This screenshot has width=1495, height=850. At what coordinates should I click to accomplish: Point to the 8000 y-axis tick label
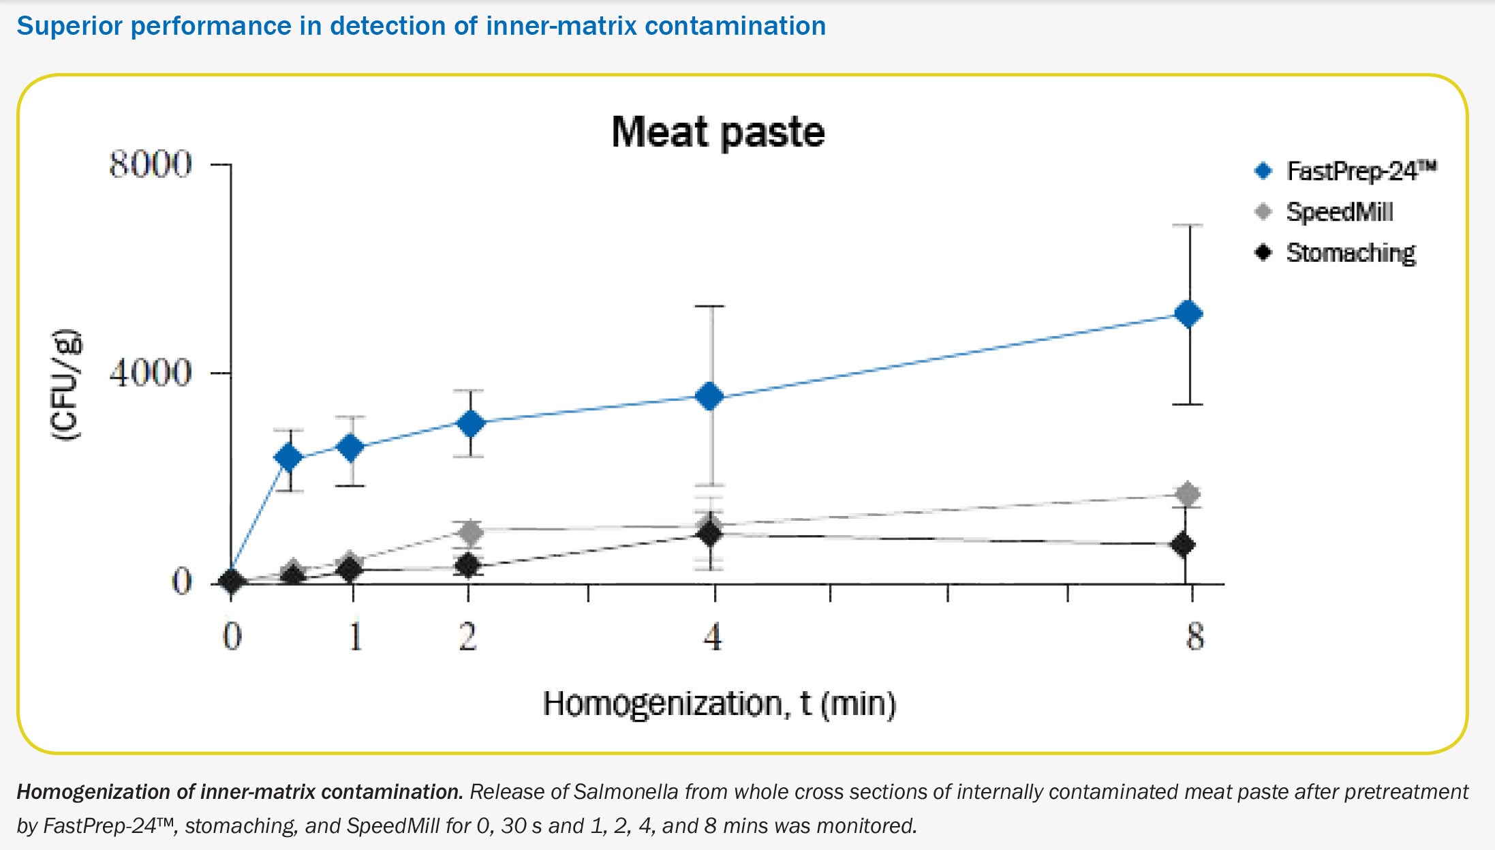pyautogui.click(x=151, y=165)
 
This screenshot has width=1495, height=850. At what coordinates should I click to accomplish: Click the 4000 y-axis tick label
pyautogui.click(x=151, y=374)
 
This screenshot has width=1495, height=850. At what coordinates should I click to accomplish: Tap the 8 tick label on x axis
pyautogui.click(x=1195, y=637)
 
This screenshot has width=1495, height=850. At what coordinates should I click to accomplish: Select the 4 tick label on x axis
pyautogui.click(x=713, y=637)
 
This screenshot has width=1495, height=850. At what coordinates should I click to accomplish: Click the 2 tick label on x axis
pyautogui.click(x=467, y=637)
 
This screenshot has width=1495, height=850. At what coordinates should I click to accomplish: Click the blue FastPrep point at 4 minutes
pyautogui.click(x=710, y=396)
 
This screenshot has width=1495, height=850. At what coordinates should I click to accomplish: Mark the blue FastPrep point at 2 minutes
pyautogui.click(x=470, y=423)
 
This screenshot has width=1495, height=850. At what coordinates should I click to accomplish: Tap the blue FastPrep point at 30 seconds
pyautogui.click(x=289, y=457)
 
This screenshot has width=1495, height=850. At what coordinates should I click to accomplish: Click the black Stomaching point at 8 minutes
pyautogui.click(x=1184, y=545)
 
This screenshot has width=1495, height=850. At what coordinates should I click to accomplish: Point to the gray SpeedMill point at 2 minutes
pyautogui.click(x=469, y=531)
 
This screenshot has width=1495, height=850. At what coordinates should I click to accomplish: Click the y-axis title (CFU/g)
pyautogui.click(x=67, y=385)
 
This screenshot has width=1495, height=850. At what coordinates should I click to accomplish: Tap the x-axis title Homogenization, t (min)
pyautogui.click(x=719, y=703)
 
